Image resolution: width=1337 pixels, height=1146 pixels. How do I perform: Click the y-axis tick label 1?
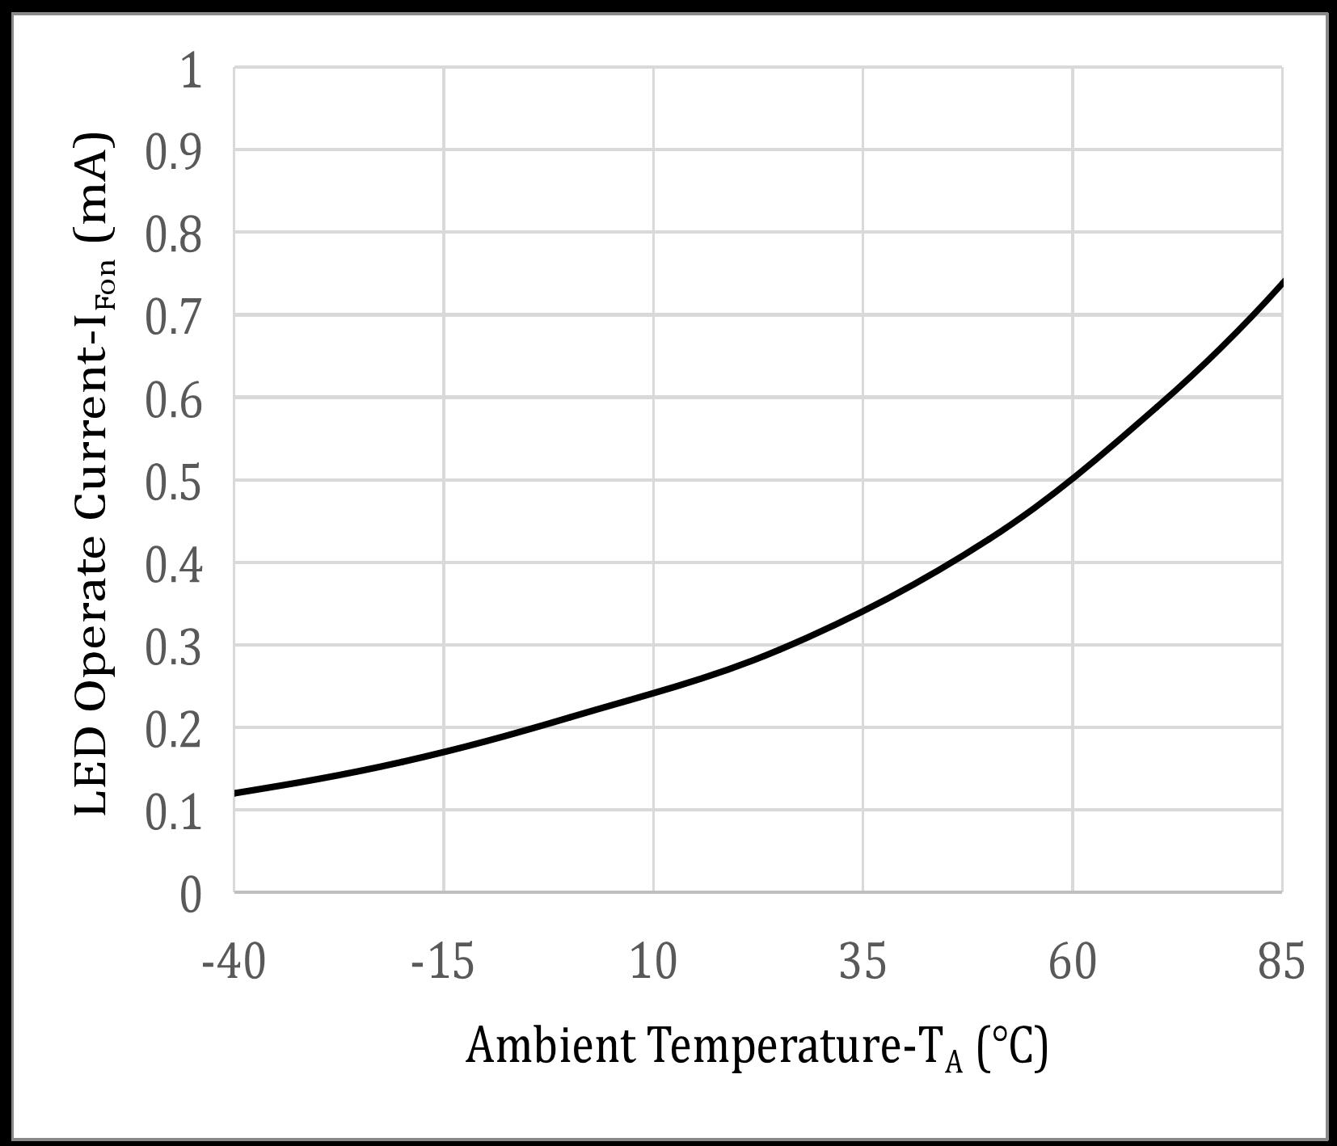point(192,71)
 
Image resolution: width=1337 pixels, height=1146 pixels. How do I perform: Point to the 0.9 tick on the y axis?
point(173,152)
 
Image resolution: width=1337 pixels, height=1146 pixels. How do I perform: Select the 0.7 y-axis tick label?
point(173,317)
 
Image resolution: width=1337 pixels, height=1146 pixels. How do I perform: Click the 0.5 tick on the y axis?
point(173,482)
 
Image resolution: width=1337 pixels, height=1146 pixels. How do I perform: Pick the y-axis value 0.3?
point(173,647)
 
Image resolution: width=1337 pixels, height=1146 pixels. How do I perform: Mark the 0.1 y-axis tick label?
point(173,812)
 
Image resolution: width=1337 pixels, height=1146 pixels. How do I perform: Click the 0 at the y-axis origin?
point(191,895)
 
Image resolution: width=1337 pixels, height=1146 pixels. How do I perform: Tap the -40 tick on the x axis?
point(234,963)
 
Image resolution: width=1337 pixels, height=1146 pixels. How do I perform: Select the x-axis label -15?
point(443,963)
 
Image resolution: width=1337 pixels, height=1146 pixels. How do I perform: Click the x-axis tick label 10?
point(653,963)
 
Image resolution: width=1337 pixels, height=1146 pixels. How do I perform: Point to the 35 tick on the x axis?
point(863,963)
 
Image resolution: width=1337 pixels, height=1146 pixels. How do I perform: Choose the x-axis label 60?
point(1073,963)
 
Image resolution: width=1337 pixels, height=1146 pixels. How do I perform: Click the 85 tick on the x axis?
point(1281,963)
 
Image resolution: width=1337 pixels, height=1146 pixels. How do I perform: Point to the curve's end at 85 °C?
point(1281,283)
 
